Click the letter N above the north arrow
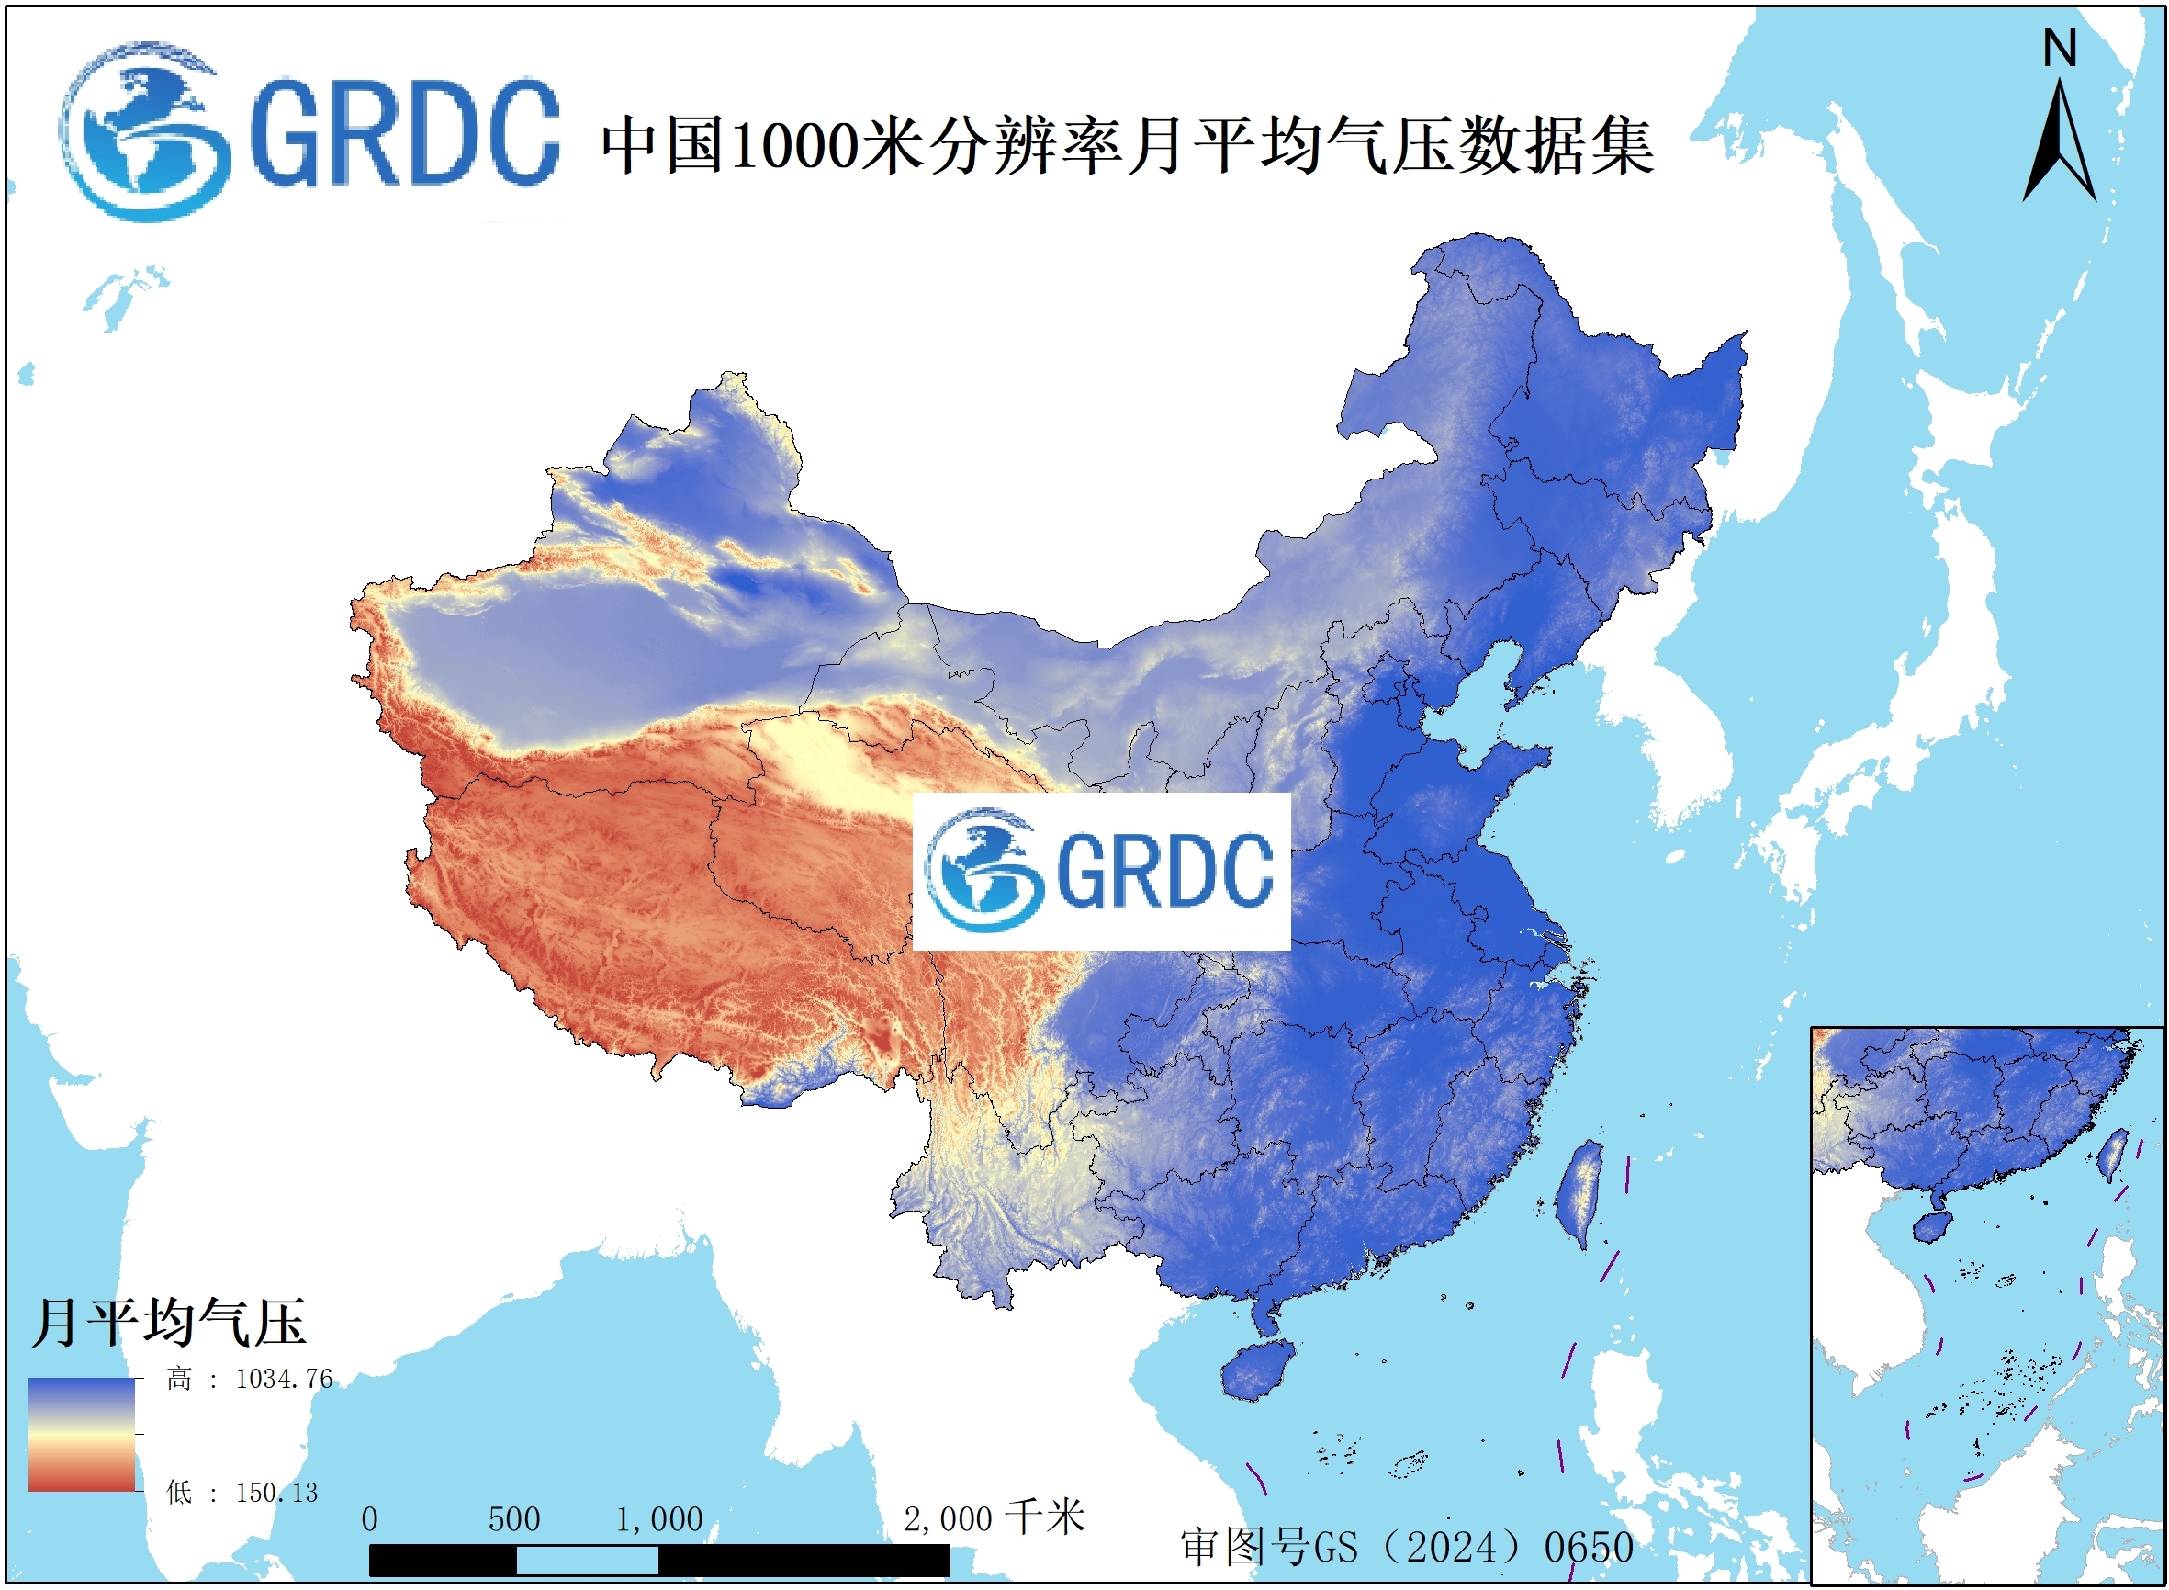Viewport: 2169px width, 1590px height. click(x=2060, y=48)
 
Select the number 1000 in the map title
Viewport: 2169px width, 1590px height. click(x=794, y=146)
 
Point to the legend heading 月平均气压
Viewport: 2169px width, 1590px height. click(x=168, y=1323)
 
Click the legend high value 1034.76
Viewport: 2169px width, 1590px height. click(x=284, y=1380)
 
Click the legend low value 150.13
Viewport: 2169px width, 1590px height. click(x=276, y=1493)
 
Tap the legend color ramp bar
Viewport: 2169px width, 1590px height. click(x=82, y=1435)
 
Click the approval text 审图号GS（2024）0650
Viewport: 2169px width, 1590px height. click(x=1406, y=1548)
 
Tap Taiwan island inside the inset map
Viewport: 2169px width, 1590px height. click(x=2112, y=1155)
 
